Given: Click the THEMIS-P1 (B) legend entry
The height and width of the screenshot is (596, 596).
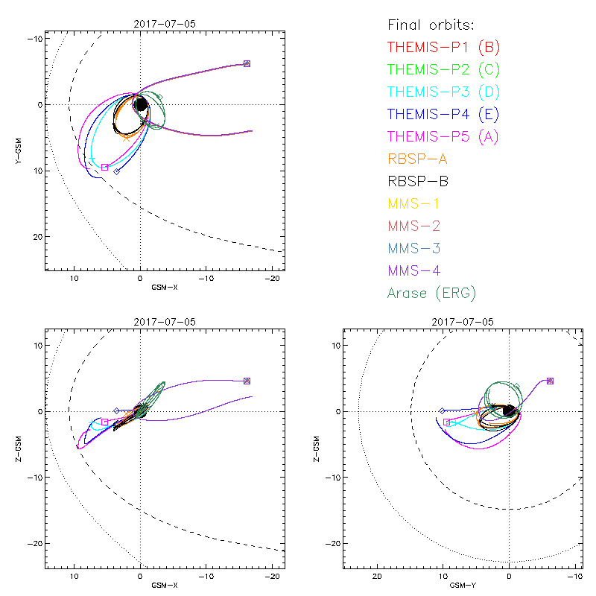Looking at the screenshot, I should [443, 48].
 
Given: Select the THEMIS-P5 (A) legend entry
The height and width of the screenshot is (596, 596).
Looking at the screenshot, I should [443, 136].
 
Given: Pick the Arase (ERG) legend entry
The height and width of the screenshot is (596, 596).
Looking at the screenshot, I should [431, 293].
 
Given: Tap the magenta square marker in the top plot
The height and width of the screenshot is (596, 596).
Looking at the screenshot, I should [105, 168].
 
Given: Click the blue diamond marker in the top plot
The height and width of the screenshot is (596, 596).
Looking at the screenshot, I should [116, 171].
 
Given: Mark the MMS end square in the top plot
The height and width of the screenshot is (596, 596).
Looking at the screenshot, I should [247, 64].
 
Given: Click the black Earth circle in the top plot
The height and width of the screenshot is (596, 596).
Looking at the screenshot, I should [141, 104].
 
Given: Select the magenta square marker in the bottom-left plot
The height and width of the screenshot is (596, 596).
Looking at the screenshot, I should [105, 422].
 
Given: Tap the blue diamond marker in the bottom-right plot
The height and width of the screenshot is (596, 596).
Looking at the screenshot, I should [443, 410].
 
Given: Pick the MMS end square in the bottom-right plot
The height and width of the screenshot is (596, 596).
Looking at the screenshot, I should [550, 381].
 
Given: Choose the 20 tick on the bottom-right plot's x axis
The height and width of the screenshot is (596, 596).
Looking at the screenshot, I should [377, 577].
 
